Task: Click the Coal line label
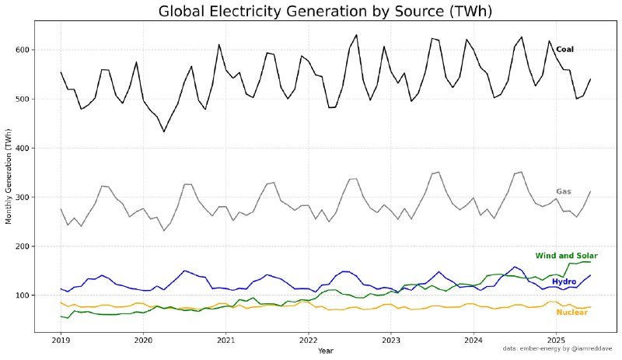(x=564, y=50)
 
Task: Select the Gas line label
(x=564, y=191)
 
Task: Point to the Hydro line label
(x=564, y=281)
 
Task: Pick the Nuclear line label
(x=571, y=313)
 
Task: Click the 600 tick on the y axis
(x=23, y=50)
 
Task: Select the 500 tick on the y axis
(x=23, y=99)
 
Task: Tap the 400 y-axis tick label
(x=23, y=148)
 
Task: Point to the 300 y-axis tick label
(x=23, y=197)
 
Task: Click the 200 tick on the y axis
(x=23, y=246)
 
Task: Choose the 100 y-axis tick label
(x=23, y=295)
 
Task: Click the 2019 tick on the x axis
(x=61, y=341)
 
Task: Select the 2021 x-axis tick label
(x=225, y=341)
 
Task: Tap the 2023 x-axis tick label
(x=391, y=341)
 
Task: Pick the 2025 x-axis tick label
(x=556, y=341)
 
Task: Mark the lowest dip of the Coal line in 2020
(x=163, y=131)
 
